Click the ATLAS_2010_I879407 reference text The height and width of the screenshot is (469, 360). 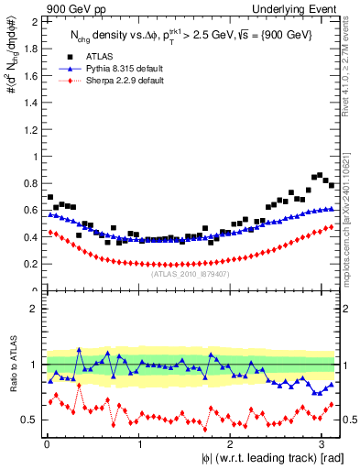click(x=191, y=274)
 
